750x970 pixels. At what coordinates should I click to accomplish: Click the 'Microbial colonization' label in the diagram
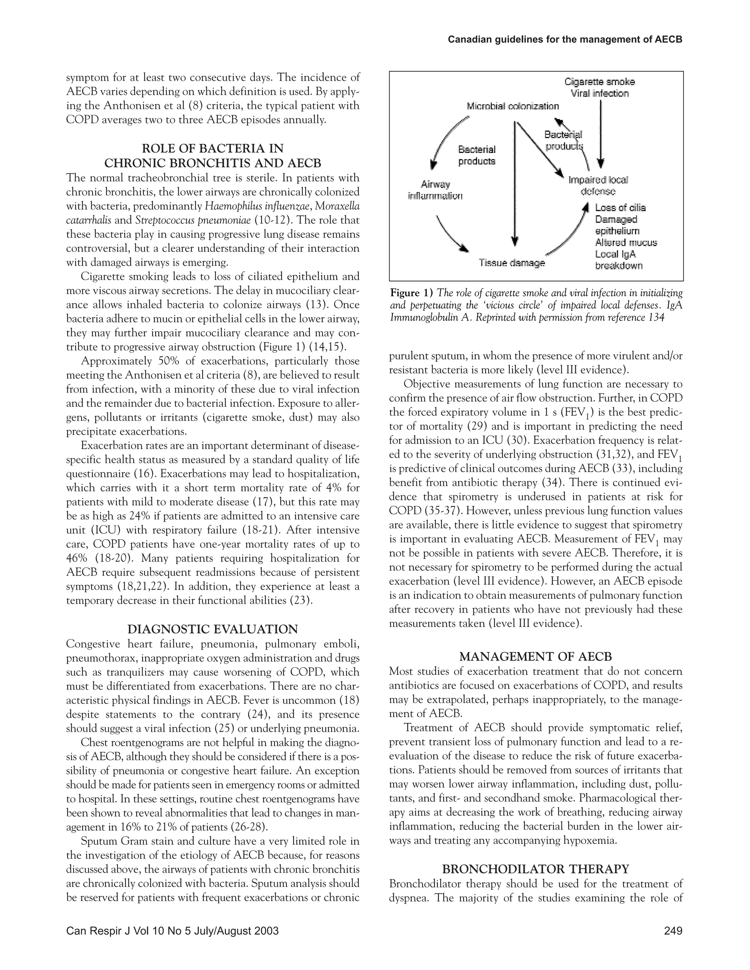click(x=513, y=106)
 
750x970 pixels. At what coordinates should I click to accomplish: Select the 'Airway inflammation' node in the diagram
click(x=435, y=190)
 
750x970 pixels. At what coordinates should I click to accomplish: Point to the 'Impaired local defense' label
click(x=598, y=185)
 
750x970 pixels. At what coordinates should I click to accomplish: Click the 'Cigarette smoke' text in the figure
click(x=599, y=82)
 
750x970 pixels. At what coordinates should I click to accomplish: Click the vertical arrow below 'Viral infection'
click(x=601, y=133)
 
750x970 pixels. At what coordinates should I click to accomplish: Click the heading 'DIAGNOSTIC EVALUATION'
click(x=212, y=629)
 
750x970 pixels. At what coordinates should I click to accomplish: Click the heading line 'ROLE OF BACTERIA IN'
click(x=212, y=148)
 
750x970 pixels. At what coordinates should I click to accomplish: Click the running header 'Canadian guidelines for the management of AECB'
click(x=564, y=40)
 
